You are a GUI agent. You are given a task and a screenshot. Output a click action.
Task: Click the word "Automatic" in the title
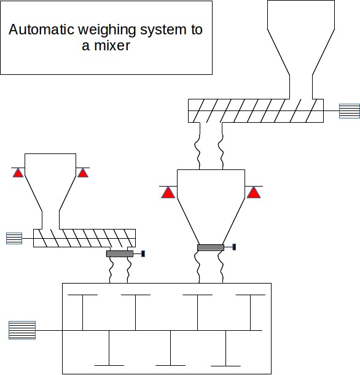coord(41,29)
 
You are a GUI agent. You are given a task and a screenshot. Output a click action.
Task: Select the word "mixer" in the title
coord(112,45)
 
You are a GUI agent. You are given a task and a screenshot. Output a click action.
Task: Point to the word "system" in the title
coord(163,31)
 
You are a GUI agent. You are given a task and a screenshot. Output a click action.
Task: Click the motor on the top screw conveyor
coord(350,111)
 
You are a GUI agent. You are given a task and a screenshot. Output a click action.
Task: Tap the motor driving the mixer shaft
coord(22,330)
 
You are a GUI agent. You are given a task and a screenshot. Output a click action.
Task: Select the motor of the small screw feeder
coord(14,238)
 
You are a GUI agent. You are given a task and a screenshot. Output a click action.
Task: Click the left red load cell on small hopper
coord(18,172)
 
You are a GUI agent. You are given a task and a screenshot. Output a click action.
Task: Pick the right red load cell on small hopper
coord(83,172)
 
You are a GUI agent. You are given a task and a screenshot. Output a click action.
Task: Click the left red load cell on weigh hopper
coord(168,192)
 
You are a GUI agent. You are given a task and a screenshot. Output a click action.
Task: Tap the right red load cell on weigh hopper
coord(254,192)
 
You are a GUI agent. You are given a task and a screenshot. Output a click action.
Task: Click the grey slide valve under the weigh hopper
coord(211,247)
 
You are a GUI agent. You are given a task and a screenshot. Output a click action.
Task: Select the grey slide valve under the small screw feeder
coord(120,253)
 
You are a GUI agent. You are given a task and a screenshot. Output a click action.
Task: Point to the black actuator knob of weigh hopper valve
coord(234,247)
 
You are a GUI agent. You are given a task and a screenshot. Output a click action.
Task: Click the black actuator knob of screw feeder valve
coord(143,253)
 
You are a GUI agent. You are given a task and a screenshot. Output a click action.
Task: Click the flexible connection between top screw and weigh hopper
coord(211,152)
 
